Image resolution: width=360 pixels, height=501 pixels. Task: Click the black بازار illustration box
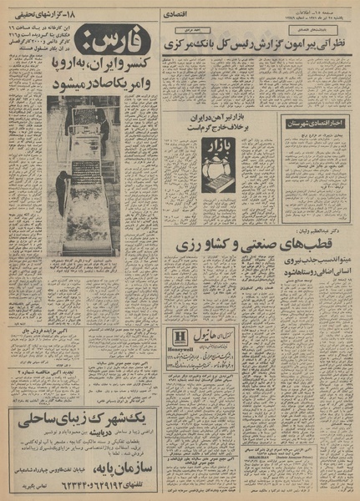[x=218, y=164]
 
